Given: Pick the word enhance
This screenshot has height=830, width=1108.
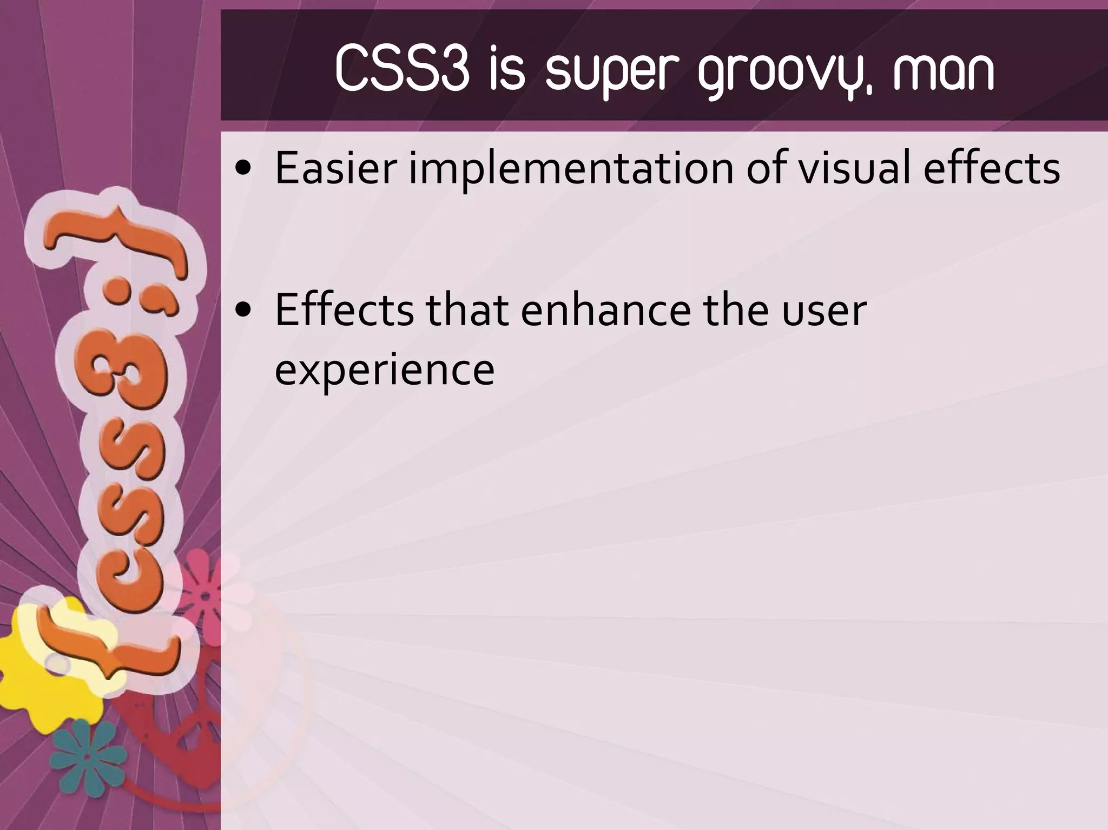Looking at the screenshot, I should pyautogui.click(x=605, y=311).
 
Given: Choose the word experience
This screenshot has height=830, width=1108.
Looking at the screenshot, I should pyautogui.click(x=385, y=371).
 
